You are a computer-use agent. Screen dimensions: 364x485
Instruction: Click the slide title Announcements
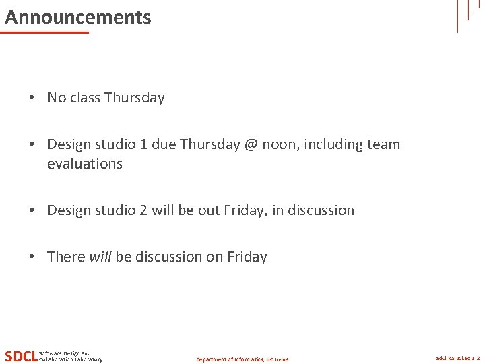click(78, 17)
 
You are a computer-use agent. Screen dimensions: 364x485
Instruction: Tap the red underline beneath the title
click(46, 32)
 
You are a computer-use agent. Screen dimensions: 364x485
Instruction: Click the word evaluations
click(85, 164)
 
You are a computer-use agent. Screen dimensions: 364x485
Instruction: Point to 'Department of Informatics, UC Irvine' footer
click(242, 359)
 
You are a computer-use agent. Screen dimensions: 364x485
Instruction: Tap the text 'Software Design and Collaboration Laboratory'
click(71, 357)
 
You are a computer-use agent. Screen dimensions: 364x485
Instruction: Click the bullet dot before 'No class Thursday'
click(32, 98)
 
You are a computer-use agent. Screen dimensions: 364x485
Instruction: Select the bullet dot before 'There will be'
click(32, 257)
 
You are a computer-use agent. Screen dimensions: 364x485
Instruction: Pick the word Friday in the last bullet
click(247, 257)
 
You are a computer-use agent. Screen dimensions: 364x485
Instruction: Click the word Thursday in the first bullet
click(135, 98)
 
